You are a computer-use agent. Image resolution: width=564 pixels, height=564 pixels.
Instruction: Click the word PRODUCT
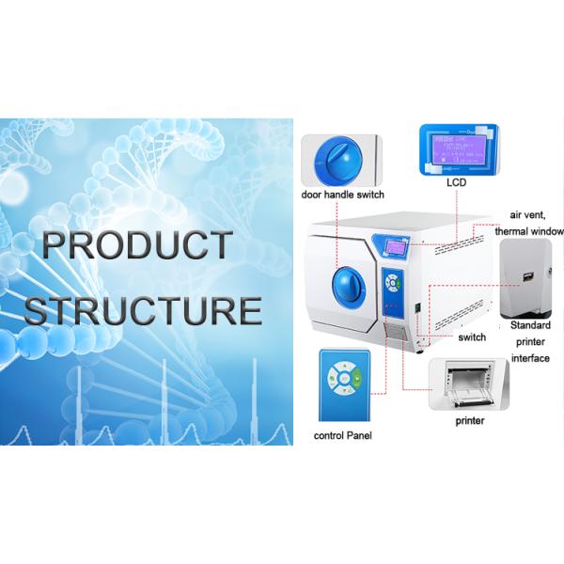[x=136, y=246]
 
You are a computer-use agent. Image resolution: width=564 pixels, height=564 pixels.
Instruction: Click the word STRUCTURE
[x=143, y=309]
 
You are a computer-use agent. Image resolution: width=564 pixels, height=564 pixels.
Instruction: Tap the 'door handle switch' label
[x=341, y=195]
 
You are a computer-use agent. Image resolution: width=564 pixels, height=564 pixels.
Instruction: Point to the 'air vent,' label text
[x=528, y=215]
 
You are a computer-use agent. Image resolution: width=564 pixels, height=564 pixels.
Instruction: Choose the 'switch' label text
[x=472, y=337]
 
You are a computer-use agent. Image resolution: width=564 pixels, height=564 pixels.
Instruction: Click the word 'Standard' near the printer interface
[x=529, y=324]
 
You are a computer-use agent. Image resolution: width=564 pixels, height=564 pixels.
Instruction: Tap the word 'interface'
[x=529, y=358]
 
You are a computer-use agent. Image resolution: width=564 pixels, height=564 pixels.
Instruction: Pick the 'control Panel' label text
[x=343, y=436]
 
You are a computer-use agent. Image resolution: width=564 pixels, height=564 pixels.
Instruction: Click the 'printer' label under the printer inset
[x=470, y=420]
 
